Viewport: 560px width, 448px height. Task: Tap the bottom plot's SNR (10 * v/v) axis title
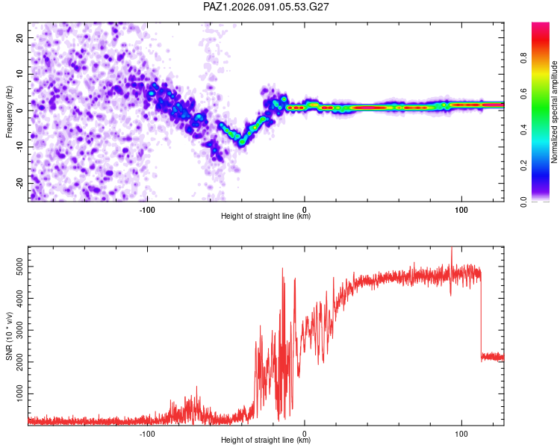coord(9,335)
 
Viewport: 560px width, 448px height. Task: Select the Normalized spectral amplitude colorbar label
coord(555,112)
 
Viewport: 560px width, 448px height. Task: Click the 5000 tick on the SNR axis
coord(16,266)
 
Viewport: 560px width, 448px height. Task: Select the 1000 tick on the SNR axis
coord(16,393)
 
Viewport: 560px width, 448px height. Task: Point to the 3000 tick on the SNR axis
coord(16,329)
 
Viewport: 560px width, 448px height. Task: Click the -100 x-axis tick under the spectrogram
coord(146,208)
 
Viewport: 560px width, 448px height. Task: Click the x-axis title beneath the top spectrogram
coord(266,217)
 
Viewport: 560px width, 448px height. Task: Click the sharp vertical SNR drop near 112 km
coord(481,314)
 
